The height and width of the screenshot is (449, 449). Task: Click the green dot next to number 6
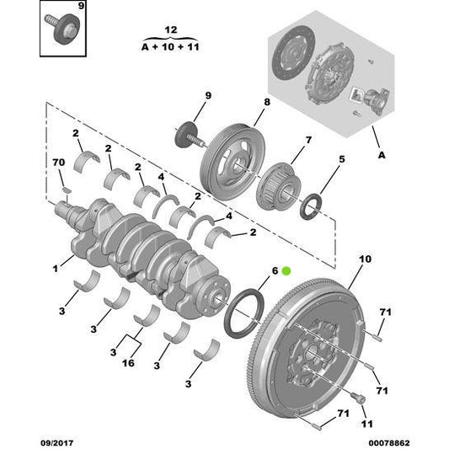(286, 270)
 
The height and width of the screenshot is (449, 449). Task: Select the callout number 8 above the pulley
(265, 102)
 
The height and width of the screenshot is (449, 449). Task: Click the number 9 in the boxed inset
(81, 7)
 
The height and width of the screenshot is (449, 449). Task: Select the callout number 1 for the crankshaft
(56, 269)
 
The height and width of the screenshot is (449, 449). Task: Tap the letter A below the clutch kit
(381, 155)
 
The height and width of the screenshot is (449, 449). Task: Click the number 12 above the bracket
(171, 31)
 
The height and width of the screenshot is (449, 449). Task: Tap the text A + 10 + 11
(171, 48)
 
